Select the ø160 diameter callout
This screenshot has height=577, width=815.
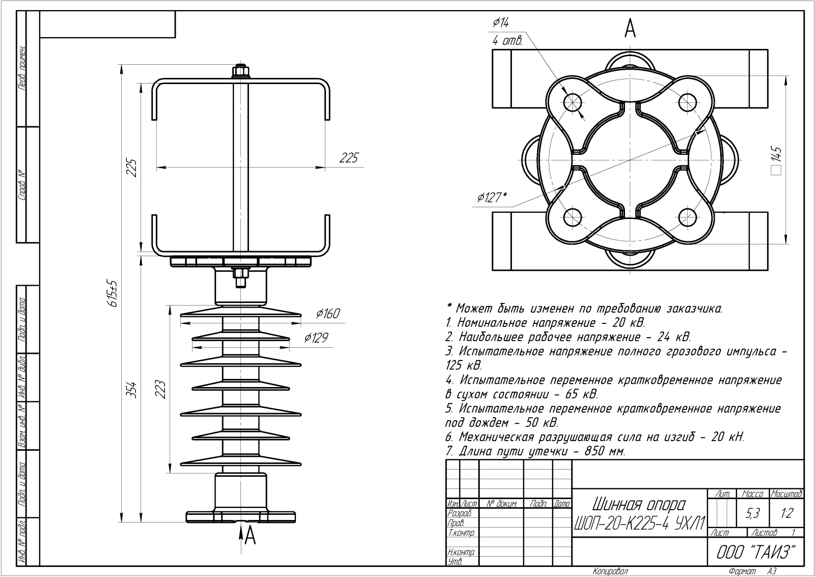click(327, 314)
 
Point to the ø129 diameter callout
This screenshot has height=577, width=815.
click(316, 338)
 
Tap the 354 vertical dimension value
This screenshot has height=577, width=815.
click(131, 390)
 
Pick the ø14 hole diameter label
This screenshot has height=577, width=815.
click(501, 22)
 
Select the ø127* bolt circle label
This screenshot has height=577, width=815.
click(492, 198)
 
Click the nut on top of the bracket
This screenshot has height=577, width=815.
click(240, 71)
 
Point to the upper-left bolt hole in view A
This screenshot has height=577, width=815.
click(573, 102)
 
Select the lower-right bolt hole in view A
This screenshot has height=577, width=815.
click(687, 218)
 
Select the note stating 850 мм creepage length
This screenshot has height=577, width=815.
click(535, 451)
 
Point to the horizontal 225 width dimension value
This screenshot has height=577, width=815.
click(349, 158)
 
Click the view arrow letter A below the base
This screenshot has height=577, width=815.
click(250, 536)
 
